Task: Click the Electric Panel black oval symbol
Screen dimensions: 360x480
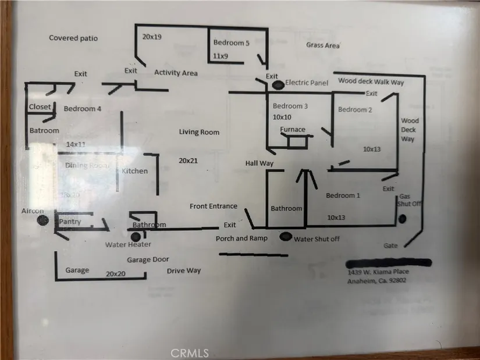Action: tap(278, 85)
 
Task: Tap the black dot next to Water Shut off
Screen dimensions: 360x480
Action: tap(286, 237)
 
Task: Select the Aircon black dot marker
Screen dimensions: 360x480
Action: tap(42, 220)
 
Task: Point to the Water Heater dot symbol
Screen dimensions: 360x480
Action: tap(136, 237)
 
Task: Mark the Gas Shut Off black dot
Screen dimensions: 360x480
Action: tap(402, 219)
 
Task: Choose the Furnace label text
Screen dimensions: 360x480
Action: tap(293, 129)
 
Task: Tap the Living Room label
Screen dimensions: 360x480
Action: tap(199, 133)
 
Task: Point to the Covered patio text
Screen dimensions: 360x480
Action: tap(73, 38)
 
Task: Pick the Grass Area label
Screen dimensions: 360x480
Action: tap(323, 45)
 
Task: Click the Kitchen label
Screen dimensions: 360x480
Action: tap(134, 171)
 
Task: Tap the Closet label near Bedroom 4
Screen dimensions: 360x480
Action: tap(40, 107)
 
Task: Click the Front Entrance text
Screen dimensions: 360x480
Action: tap(214, 206)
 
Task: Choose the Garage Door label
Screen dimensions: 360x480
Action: tap(148, 260)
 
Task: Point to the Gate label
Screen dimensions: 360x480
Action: tap(392, 245)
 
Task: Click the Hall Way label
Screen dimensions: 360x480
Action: tap(259, 164)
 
